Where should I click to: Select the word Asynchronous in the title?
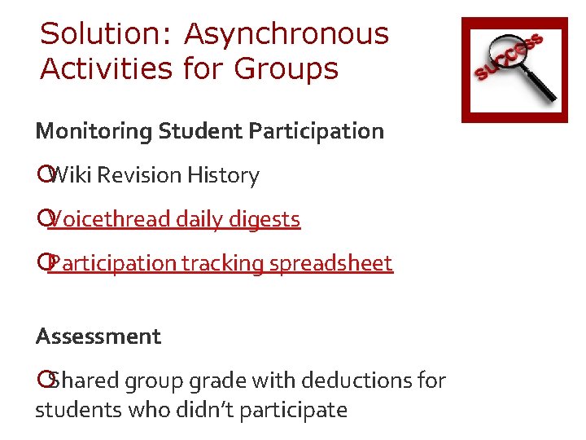[286, 34]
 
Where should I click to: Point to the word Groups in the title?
[286, 69]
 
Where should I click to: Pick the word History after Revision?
[223, 175]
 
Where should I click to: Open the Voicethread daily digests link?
[174, 219]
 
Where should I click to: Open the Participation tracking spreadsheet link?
[220, 263]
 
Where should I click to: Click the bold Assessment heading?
[98, 337]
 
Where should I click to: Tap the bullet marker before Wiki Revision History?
[43, 175]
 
